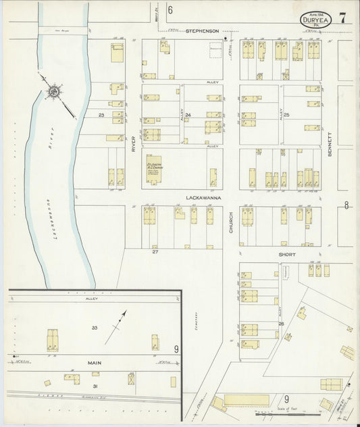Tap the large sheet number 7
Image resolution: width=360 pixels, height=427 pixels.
click(343, 18)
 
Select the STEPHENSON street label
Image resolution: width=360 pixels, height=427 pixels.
click(202, 30)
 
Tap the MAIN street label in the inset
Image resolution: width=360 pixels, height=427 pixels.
click(95, 362)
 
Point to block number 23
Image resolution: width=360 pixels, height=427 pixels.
click(101, 116)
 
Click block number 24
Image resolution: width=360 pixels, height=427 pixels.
click(188, 116)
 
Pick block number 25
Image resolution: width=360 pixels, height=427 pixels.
click(286, 116)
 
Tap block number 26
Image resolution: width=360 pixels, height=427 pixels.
click(280, 325)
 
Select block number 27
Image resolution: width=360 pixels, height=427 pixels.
click(155, 252)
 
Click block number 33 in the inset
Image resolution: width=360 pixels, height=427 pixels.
click(95, 328)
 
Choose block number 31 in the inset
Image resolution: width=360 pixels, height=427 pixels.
click(95, 386)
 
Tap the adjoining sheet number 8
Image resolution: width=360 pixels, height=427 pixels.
click(346, 205)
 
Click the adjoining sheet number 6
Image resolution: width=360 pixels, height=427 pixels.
click(170, 9)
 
